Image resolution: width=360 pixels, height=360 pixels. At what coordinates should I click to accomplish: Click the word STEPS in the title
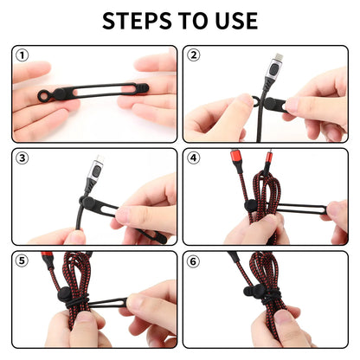(138, 21)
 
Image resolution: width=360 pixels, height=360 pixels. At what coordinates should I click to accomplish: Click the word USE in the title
(231, 21)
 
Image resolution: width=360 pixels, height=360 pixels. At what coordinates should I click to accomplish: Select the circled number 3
(22, 159)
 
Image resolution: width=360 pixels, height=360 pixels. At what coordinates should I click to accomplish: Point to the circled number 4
(194, 159)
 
